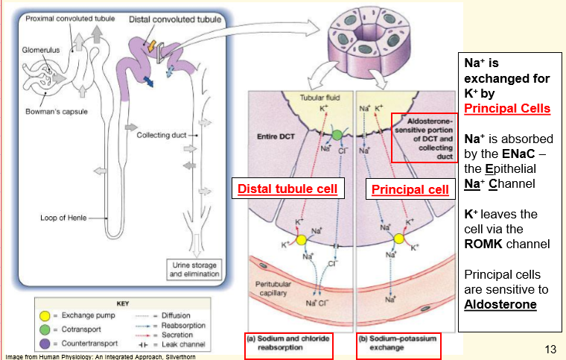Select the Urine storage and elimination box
(194, 270)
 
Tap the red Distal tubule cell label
(287, 189)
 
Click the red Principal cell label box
(410, 189)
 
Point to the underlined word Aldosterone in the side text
(500, 304)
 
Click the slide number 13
(550, 349)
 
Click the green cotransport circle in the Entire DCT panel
(337, 135)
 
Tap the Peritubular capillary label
(273, 288)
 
